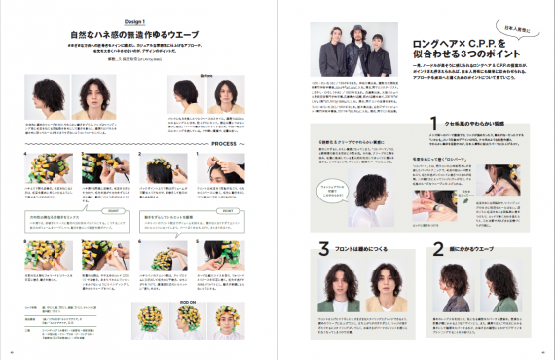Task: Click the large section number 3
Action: point(323,252)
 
